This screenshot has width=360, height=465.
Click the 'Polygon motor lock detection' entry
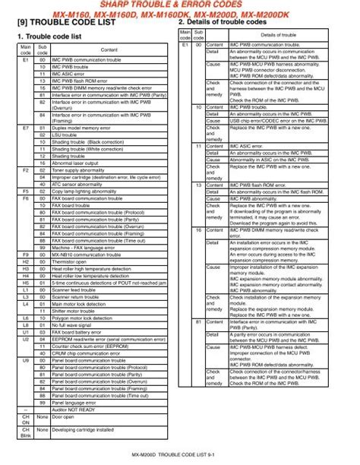click(88, 316)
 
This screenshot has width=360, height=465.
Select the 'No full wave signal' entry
click(75, 323)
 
